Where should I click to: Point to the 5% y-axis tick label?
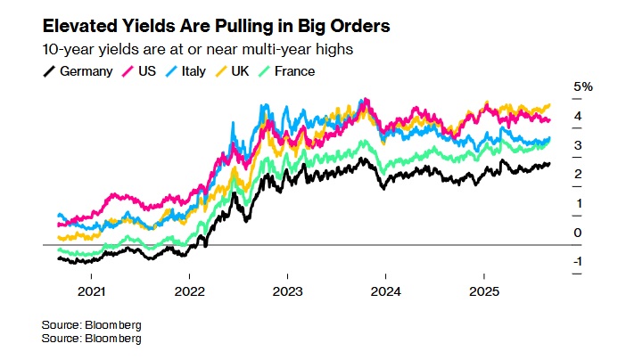pyautogui.click(x=583, y=86)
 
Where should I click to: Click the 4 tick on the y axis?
pyautogui.click(x=579, y=116)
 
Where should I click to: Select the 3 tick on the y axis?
pyautogui.click(x=579, y=145)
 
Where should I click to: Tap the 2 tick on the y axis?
pyautogui.click(x=579, y=174)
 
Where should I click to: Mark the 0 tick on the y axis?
pyautogui.click(x=579, y=233)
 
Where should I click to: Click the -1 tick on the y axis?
pyautogui.click(x=578, y=261)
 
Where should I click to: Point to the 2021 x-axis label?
pyautogui.click(x=92, y=291)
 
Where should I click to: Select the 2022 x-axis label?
pyautogui.click(x=190, y=291)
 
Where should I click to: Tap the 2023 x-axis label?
pyautogui.click(x=288, y=291)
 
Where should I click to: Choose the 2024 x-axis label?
pyautogui.click(x=386, y=291)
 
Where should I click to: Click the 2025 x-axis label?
pyautogui.click(x=483, y=291)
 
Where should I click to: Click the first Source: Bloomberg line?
pyautogui.click(x=91, y=324)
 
